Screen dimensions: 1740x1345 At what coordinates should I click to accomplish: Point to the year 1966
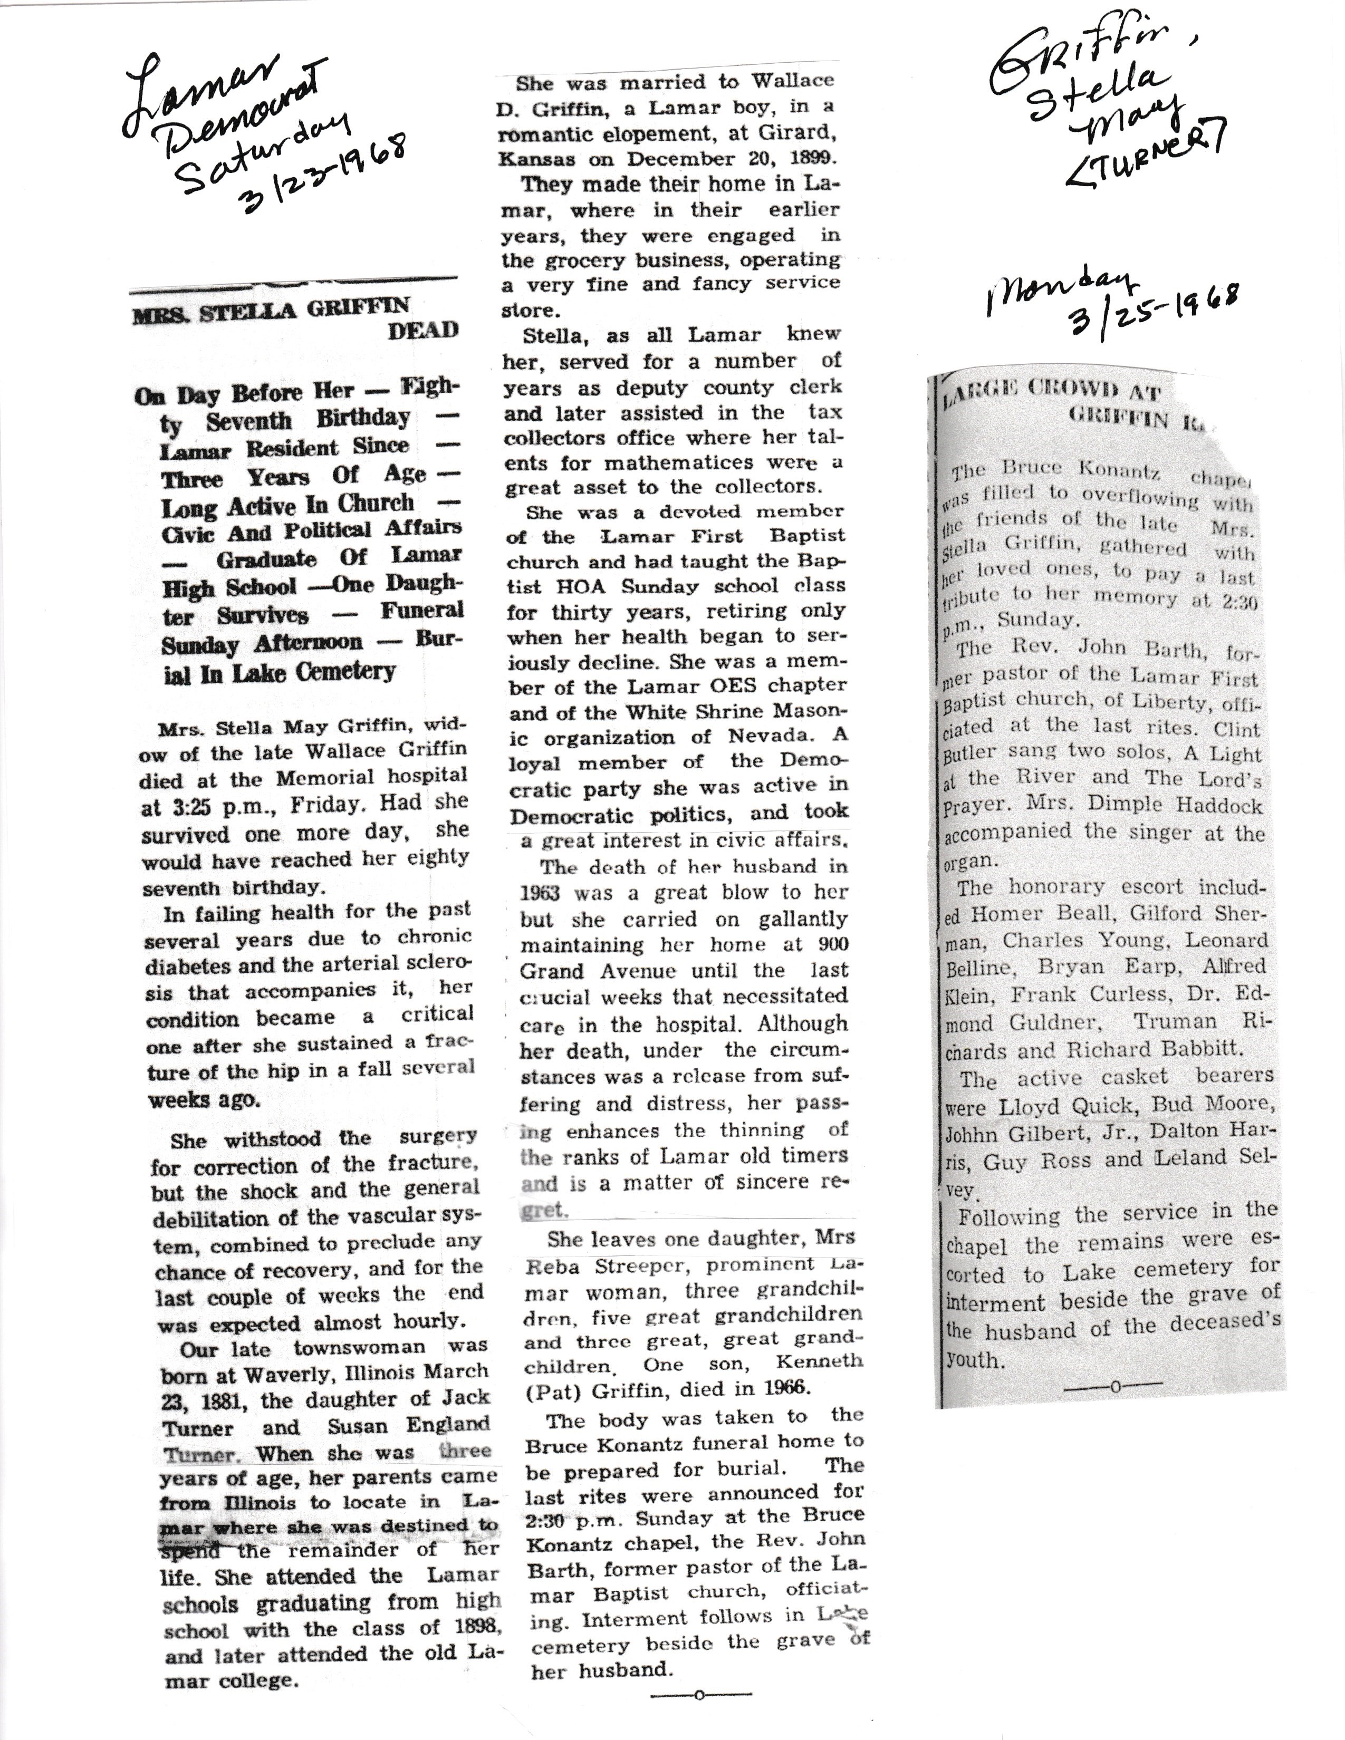coord(785,1388)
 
